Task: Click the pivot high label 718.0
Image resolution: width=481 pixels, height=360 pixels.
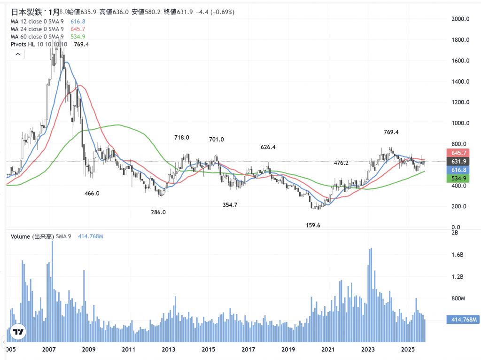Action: (x=181, y=138)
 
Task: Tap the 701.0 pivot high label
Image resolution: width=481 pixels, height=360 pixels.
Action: (x=217, y=140)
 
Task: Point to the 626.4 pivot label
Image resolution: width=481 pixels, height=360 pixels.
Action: (x=268, y=147)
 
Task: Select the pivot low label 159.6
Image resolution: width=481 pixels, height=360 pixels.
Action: (x=312, y=226)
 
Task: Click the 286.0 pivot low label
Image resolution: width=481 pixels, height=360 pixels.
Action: (x=158, y=212)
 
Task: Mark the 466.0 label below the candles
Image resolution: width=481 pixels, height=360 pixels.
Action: (x=92, y=193)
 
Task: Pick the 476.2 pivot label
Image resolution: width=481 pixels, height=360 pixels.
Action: (x=341, y=163)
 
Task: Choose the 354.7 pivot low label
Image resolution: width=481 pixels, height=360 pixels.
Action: (x=230, y=205)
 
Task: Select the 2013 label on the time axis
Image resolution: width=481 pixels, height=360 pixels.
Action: (x=169, y=350)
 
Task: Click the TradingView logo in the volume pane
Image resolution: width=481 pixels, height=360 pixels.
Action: (x=18, y=332)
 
